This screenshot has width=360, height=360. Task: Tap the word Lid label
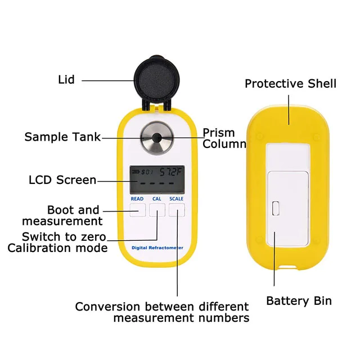66,80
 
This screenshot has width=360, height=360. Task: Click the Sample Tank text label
62,137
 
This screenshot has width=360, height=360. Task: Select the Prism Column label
224,138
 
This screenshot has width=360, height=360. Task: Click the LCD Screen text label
62,181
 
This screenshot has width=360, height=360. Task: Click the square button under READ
137,210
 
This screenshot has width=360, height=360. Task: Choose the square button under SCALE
177,210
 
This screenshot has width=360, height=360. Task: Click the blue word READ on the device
137,199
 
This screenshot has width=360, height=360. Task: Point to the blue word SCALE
177,199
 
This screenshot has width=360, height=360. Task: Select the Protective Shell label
290,84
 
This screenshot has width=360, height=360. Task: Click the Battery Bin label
299,301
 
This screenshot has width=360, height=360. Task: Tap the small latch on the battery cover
276,209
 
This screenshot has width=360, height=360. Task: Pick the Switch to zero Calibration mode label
57,242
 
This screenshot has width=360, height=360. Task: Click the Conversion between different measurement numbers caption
162,312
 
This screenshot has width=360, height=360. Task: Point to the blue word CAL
157,199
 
